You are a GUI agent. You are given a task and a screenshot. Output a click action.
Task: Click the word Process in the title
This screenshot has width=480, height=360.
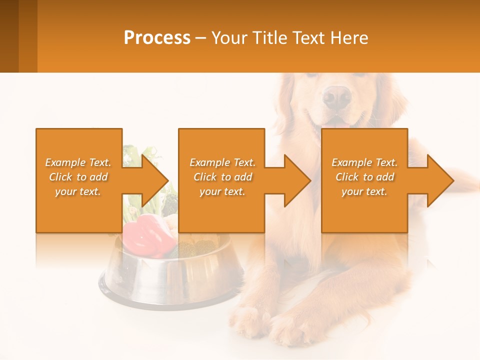point(157,38)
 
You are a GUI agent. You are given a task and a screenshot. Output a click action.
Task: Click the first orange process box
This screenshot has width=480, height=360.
point(79,180)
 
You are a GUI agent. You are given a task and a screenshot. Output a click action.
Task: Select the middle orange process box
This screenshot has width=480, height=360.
point(221,180)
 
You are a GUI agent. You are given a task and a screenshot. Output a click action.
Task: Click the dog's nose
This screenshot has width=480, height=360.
point(336,96)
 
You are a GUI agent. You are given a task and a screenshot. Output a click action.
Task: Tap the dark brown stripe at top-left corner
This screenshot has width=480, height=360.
point(9,36)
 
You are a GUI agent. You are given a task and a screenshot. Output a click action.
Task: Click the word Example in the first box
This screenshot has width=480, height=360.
point(65,162)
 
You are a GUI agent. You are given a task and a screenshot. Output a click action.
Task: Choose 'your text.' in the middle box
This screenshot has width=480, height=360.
point(222,191)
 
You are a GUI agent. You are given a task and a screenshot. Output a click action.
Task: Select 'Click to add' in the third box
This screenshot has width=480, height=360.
point(364,177)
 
